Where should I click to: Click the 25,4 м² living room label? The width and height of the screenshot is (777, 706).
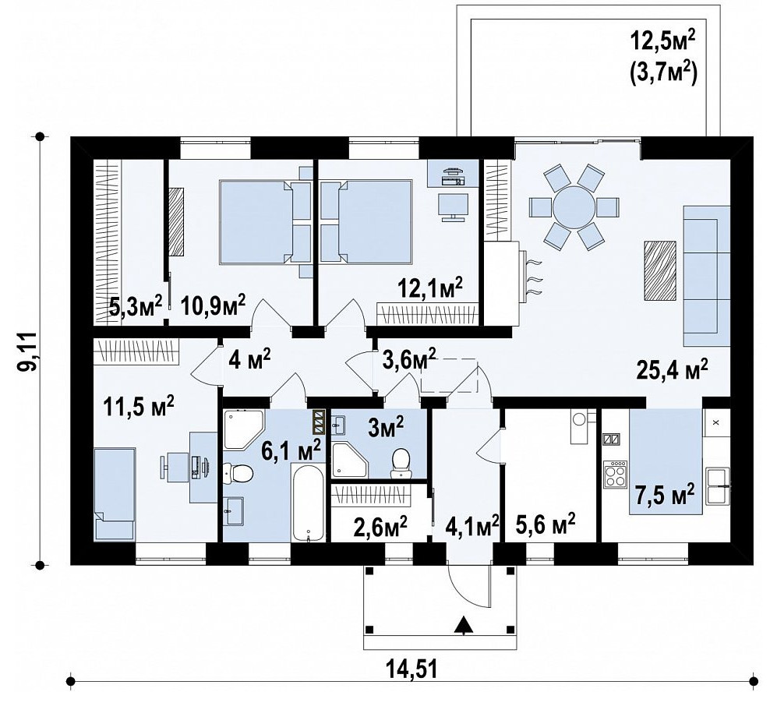(672, 370)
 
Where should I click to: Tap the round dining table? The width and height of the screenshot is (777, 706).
(574, 207)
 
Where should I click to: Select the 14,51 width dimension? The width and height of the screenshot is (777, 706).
(412, 670)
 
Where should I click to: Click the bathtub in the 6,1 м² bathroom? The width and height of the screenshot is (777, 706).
(308, 503)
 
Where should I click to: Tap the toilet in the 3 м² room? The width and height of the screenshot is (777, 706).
(401, 463)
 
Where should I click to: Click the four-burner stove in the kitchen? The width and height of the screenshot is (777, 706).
(615, 475)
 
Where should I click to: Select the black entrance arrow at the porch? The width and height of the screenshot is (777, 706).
(463, 624)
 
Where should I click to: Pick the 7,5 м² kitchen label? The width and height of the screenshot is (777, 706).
(665, 494)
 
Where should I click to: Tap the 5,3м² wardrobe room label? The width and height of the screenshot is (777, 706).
(136, 308)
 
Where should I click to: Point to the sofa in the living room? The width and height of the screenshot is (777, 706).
(707, 276)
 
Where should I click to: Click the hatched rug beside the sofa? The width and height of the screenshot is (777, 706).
(660, 270)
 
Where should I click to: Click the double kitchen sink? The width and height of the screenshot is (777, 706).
(718, 485)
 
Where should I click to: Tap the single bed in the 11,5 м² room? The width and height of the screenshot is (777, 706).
(115, 494)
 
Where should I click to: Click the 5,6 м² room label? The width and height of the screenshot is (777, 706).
(546, 524)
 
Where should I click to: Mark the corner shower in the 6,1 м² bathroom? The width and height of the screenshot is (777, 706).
(244, 429)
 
